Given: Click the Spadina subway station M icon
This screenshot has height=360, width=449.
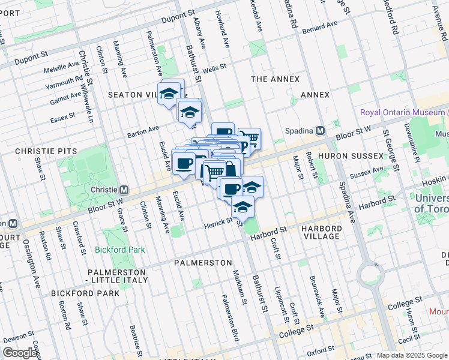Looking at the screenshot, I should click(321, 131).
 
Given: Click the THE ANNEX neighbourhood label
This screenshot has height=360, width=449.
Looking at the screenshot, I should click(275, 79).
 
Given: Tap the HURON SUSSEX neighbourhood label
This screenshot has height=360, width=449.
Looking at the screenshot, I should click(351, 156).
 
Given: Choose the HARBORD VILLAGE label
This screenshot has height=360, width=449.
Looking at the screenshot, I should click(322, 232).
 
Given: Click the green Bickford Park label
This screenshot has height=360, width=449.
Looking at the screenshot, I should click(120, 249).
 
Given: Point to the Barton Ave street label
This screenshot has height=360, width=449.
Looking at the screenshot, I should click(143, 131).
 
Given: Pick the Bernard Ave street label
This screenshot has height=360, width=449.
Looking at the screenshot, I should click(321, 28).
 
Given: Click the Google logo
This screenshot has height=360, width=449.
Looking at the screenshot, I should click(20, 353).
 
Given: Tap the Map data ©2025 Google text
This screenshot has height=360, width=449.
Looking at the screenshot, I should click(412, 355).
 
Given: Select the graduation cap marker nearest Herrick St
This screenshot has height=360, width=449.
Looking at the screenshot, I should click(243, 208).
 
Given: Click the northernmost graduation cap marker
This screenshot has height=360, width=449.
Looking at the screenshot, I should click(169, 93).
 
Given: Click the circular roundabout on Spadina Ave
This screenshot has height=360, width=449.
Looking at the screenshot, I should click(372, 275).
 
